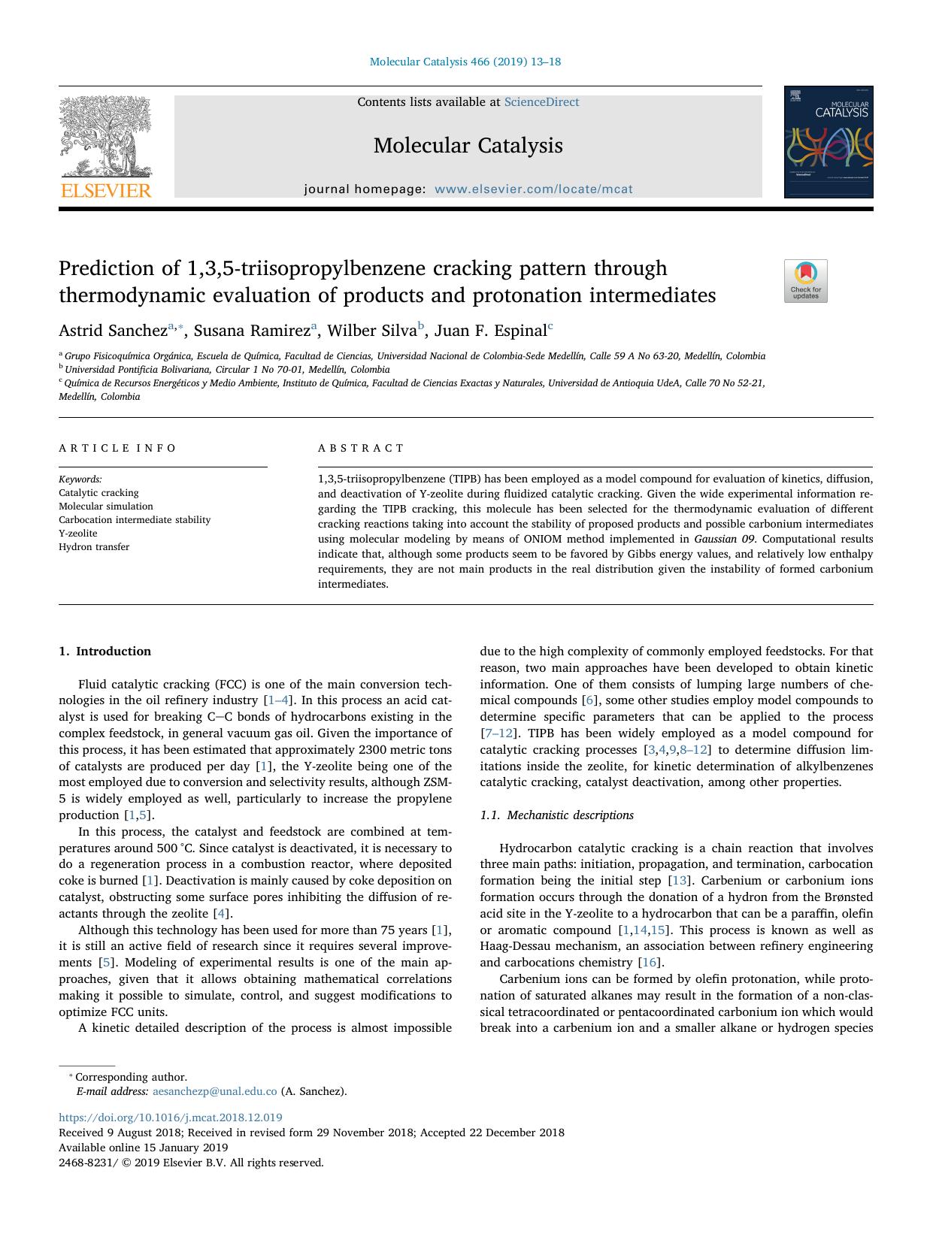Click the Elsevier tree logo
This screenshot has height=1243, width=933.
click(106, 147)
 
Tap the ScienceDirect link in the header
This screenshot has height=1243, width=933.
click(541, 102)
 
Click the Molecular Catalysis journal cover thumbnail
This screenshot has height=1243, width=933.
click(828, 142)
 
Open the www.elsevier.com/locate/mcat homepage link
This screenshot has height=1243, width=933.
click(533, 189)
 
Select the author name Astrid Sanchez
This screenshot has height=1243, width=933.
click(113, 331)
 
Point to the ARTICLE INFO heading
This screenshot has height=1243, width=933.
click(117, 448)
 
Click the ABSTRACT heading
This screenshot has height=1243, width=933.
click(361, 448)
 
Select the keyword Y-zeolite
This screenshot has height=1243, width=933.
click(78, 534)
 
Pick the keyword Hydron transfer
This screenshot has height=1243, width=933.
click(94, 547)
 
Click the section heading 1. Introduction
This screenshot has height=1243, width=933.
click(105, 652)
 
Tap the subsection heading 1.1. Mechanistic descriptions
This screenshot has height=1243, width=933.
click(556, 815)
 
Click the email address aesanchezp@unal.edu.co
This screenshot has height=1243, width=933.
click(214, 1091)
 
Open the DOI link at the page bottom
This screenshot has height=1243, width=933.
click(171, 1117)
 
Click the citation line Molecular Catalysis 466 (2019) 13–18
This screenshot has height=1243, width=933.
click(465, 62)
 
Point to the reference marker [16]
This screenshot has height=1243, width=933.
click(649, 963)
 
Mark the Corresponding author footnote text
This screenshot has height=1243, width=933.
click(131, 1077)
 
